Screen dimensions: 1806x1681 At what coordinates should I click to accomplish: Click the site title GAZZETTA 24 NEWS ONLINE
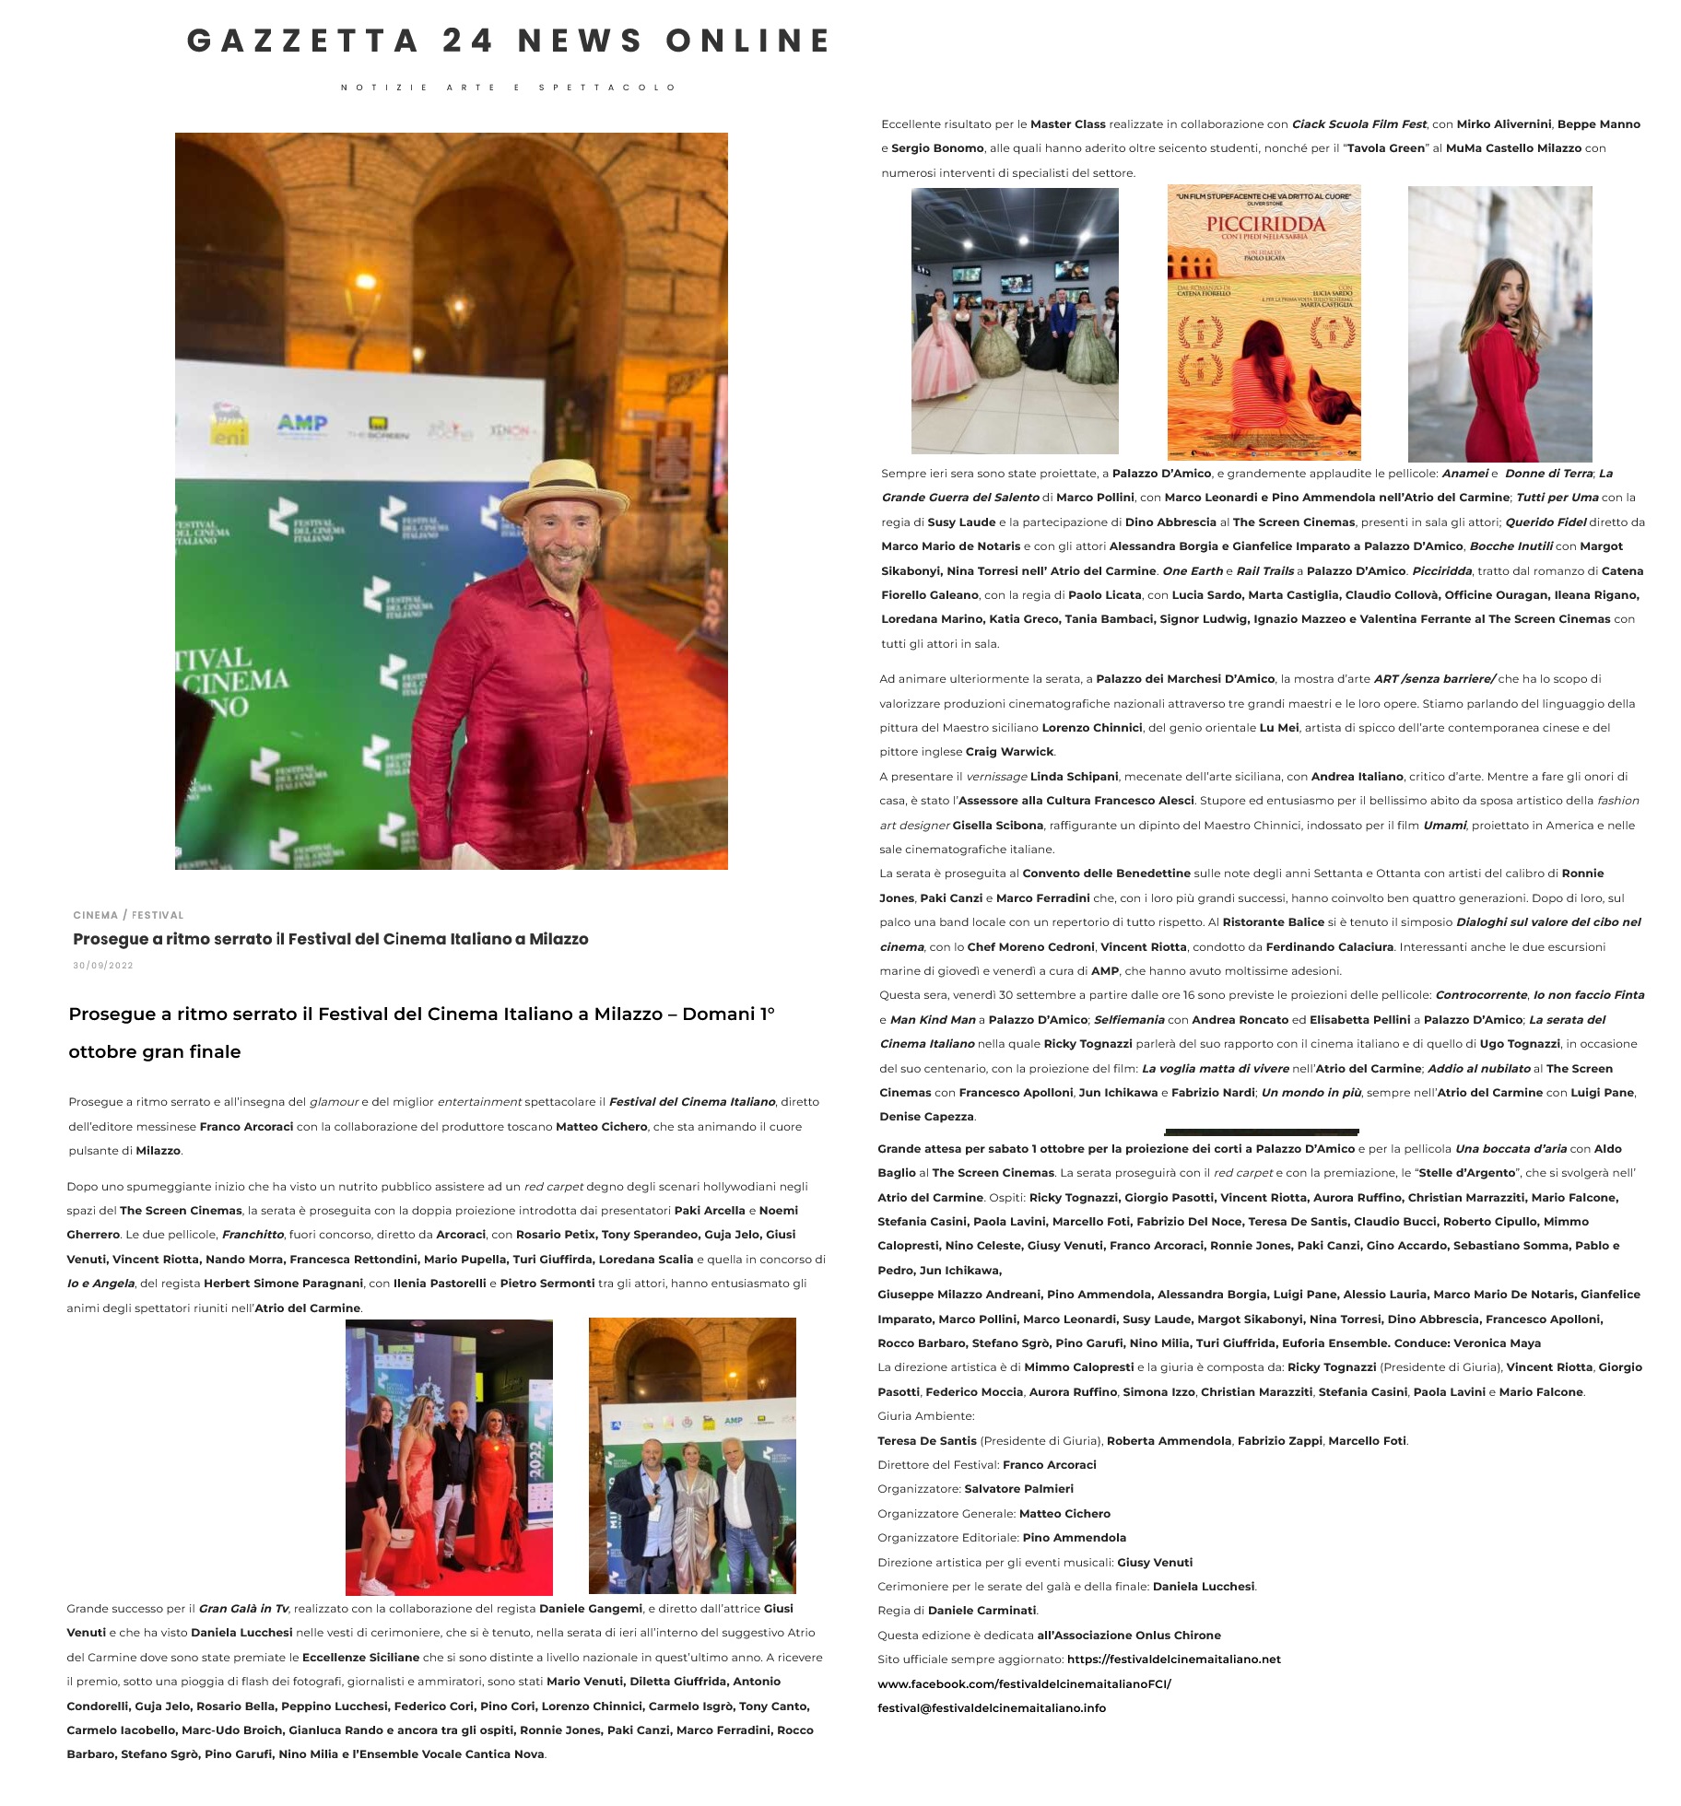tap(509, 41)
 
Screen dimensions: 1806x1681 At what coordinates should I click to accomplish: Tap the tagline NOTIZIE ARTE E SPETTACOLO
tap(509, 88)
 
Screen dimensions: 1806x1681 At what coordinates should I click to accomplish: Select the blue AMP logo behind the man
tap(302, 423)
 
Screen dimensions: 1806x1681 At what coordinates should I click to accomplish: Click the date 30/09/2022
tap(103, 966)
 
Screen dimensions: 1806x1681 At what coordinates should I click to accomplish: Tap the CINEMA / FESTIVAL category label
tap(128, 915)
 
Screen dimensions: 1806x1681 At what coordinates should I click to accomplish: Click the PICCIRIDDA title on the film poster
tap(1265, 224)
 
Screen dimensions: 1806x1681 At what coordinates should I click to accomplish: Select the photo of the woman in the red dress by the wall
tap(1499, 323)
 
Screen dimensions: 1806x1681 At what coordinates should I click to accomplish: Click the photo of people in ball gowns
tap(1015, 321)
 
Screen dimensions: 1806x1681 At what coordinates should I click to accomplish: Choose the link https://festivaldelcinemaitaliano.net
tap(1173, 1659)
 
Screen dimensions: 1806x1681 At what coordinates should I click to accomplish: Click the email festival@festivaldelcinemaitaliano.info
tap(992, 1707)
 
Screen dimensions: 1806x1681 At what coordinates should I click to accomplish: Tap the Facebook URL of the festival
tap(1024, 1683)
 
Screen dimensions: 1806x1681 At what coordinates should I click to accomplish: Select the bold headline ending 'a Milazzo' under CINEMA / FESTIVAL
tap(330, 939)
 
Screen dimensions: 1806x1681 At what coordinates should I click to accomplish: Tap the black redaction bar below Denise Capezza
tap(1262, 1132)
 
